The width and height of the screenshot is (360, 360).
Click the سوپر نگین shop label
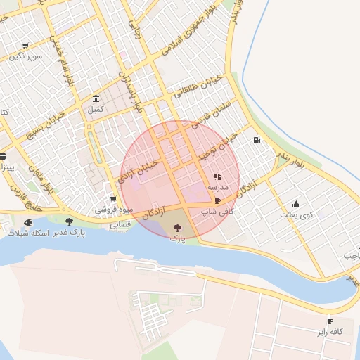[26, 56]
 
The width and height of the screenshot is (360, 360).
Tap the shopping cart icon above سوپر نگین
[26, 45]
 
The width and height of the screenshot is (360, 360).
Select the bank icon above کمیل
[96, 98]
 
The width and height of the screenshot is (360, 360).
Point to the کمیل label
[95, 110]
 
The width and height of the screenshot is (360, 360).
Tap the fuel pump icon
[256, 140]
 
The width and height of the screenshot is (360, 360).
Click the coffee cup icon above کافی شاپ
[217, 201]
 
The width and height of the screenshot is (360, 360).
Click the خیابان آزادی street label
[141, 170]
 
